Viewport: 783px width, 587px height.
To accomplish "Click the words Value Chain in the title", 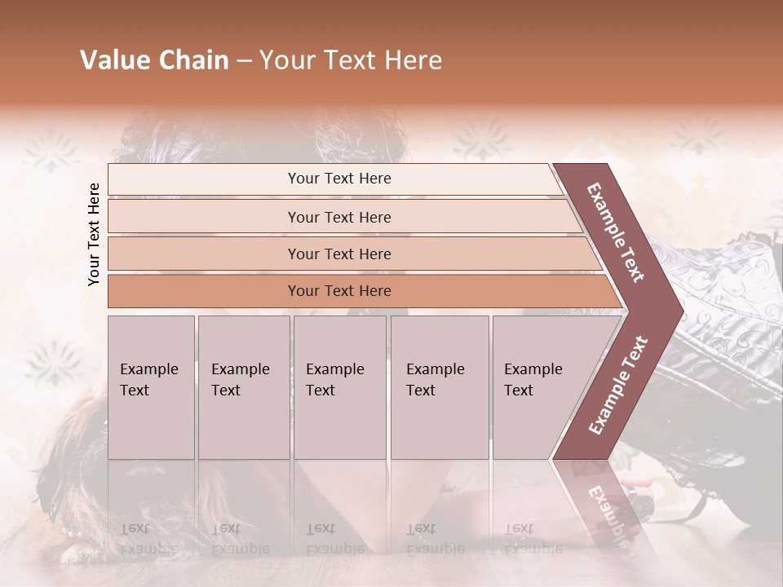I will (x=154, y=60).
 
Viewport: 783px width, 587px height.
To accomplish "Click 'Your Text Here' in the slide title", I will (x=351, y=60).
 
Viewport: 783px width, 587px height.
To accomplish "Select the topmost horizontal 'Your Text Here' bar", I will (x=339, y=179).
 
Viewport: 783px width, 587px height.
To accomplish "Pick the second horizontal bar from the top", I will (x=339, y=217).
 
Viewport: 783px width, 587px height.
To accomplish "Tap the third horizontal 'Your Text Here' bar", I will (x=339, y=254).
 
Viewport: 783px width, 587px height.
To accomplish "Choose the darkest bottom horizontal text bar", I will (x=339, y=291).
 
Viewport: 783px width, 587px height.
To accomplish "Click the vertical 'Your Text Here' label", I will (x=94, y=234).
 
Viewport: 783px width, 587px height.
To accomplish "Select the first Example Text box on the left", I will (x=151, y=386).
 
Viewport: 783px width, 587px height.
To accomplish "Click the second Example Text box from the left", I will (x=243, y=386).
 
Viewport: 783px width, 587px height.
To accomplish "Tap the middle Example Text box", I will (x=339, y=386).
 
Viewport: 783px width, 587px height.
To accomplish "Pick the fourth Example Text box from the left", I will (x=439, y=386).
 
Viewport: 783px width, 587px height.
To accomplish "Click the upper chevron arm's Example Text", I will (x=616, y=232).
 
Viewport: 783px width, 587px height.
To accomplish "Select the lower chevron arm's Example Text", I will (x=617, y=385).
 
